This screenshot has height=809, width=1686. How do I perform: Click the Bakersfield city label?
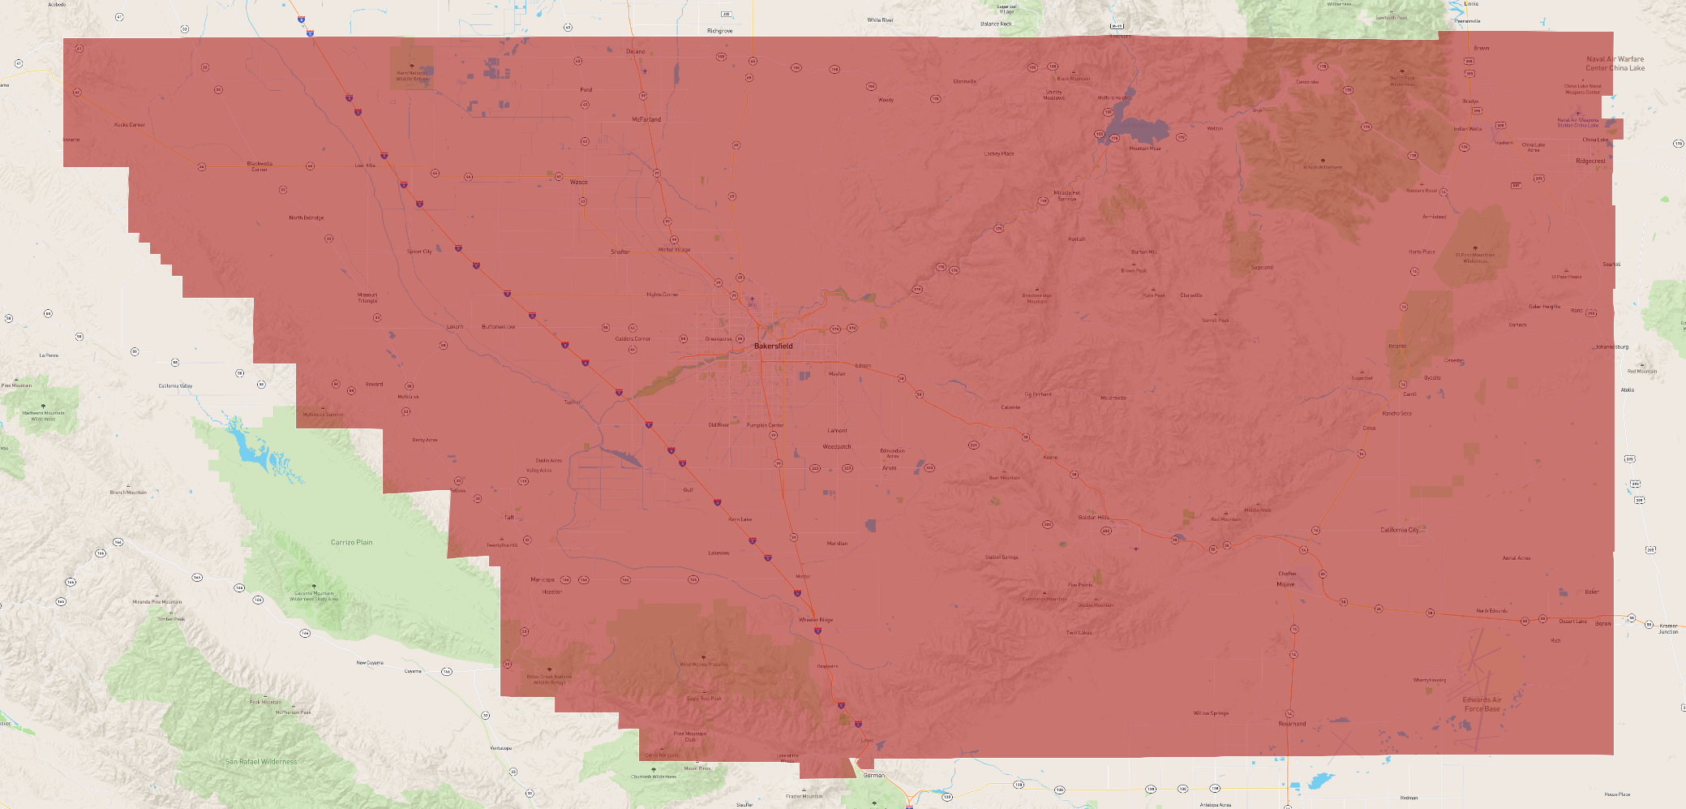tap(773, 346)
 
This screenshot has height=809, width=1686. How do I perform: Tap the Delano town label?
tap(636, 51)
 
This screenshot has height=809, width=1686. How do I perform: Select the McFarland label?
tap(646, 119)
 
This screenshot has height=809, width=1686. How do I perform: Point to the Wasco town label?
tap(578, 182)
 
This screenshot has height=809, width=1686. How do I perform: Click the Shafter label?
tap(620, 252)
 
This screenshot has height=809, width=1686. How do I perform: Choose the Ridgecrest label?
tap(1590, 161)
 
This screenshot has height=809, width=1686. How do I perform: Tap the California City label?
tap(1400, 530)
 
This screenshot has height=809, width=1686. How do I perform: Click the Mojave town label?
tap(1285, 584)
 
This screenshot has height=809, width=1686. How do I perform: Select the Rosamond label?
tap(1292, 724)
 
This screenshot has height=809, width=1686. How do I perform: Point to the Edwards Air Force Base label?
tap(1482, 704)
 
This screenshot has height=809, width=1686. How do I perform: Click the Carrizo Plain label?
tap(352, 542)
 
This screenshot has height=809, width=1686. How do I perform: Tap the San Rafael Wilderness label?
tap(261, 762)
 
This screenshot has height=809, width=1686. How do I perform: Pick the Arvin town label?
tap(890, 468)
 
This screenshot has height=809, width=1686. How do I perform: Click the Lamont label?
tap(837, 431)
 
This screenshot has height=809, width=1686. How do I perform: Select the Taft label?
tap(509, 517)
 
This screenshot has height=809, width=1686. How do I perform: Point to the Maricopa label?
tap(543, 579)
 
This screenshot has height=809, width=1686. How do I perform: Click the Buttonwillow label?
tap(498, 327)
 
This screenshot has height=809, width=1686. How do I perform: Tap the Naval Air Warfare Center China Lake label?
tap(1615, 63)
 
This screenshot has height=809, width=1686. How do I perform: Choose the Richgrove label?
tap(719, 31)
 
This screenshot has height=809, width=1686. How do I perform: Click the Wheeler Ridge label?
tap(816, 620)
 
